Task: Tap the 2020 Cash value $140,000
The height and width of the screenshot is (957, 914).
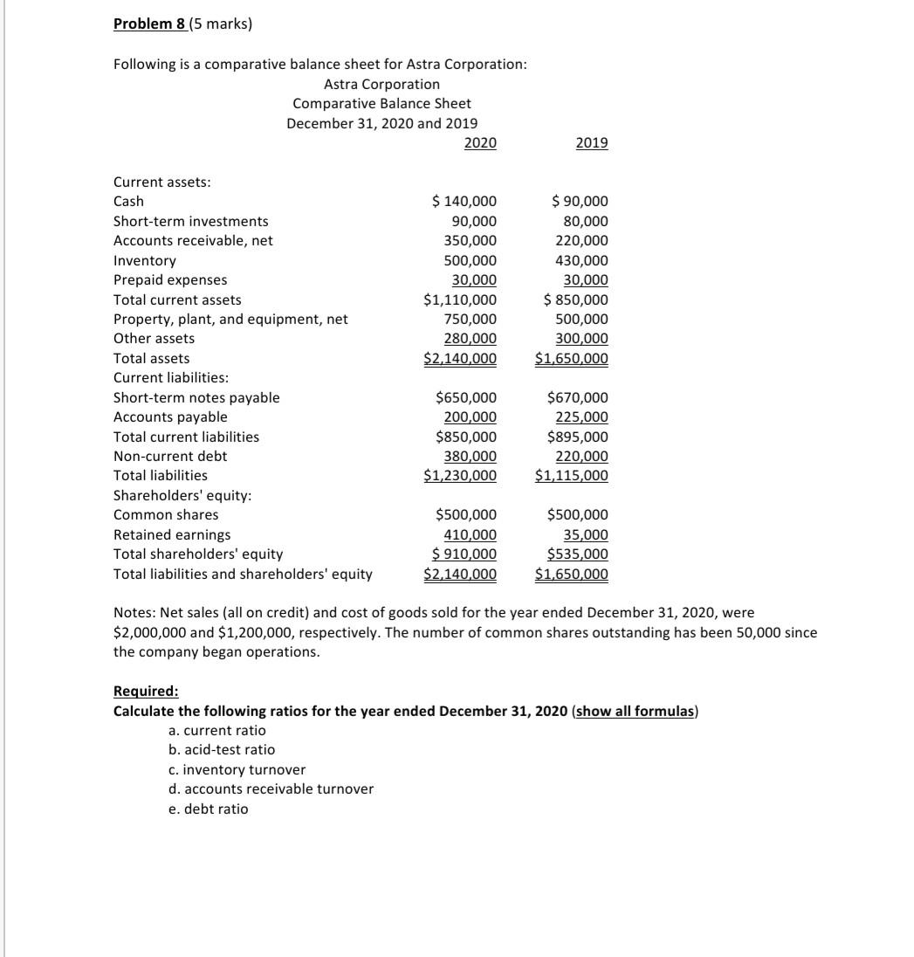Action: click(x=465, y=202)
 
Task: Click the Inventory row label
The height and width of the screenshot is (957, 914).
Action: click(x=145, y=260)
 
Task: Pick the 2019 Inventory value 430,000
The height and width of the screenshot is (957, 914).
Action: click(x=582, y=260)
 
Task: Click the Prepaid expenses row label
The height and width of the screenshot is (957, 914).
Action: click(x=170, y=280)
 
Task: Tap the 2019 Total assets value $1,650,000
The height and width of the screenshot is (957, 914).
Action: click(x=572, y=359)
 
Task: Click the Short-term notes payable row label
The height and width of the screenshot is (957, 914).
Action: click(x=197, y=398)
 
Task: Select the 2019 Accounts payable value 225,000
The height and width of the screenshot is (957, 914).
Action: click(x=582, y=417)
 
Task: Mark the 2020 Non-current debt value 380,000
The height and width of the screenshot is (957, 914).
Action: click(x=472, y=457)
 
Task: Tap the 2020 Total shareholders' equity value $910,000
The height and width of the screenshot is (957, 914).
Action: click(x=465, y=554)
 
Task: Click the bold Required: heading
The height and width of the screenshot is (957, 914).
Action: click(x=147, y=691)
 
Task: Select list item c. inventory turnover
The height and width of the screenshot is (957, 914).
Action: click(x=237, y=769)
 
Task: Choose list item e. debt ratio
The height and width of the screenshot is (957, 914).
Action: click(x=208, y=809)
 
